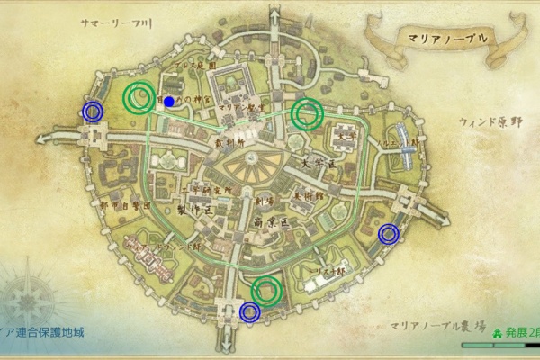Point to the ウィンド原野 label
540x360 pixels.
tap(491, 120)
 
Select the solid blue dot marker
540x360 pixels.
tap(169, 102)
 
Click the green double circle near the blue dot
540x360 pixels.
tap(139, 97)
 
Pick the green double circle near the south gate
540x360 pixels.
tap(267, 290)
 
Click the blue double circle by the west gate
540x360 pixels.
tap(92, 111)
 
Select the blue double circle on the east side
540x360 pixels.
tap(389, 234)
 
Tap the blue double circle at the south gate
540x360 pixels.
tap(250, 311)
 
